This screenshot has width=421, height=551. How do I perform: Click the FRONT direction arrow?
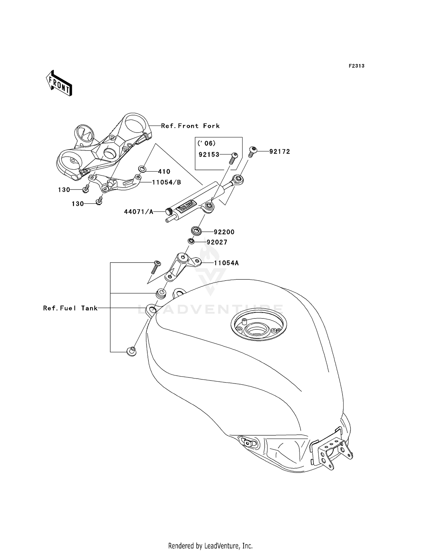click(59, 84)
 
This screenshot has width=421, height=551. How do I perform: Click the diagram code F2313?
click(356, 66)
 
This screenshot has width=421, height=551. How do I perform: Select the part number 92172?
click(280, 152)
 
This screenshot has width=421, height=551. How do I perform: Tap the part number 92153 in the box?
click(209, 155)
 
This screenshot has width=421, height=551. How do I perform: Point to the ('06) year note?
click(207, 143)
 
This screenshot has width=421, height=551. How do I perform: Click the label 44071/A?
click(139, 212)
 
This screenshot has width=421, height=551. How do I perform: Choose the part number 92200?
click(224, 232)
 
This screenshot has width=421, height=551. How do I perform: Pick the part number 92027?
click(217, 242)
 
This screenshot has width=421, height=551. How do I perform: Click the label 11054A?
click(226, 263)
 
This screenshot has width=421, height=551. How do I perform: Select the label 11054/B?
click(166, 183)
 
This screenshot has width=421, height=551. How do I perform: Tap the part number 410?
click(164, 172)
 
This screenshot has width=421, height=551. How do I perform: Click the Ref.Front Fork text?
click(190, 126)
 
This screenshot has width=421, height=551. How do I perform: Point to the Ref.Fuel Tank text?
click(70, 308)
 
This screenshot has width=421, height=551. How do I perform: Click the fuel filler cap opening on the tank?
click(258, 328)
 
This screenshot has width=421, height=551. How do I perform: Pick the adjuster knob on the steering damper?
click(169, 211)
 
